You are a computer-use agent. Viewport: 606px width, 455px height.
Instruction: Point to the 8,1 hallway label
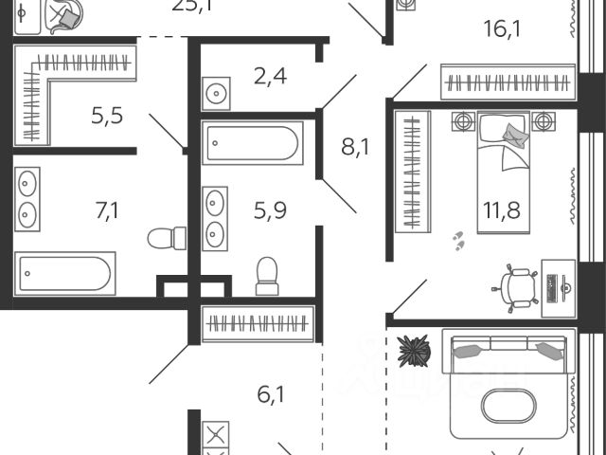[x=354, y=147]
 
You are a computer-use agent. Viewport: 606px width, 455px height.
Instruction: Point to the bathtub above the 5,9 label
[x=252, y=144]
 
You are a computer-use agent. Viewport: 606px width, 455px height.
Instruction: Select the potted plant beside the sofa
[x=414, y=352]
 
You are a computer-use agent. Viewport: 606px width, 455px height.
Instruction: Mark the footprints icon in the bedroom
[x=459, y=241]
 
